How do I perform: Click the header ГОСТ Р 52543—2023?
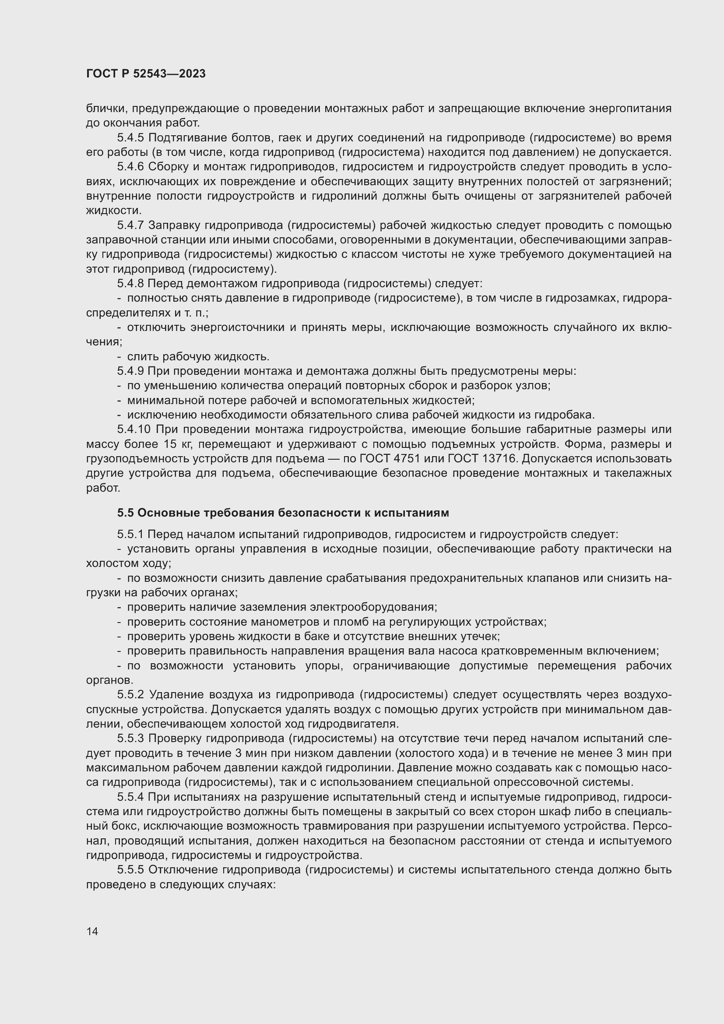pyautogui.click(x=146, y=74)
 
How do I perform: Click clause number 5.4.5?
pyautogui.click(x=130, y=138)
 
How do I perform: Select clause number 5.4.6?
pyautogui.click(x=130, y=167)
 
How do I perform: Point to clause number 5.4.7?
pyautogui.click(x=130, y=225)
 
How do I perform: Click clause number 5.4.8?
pyautogui.click(x=130, y=284)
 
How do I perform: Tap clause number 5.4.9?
pyautogui.click(x=130, y=371)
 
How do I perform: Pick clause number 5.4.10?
pyautogui.click(x=134, y=429)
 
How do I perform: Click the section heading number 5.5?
pyautogui.click(x=125, y=513)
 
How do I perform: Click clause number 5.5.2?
pyautogui.click(x=130, y=694)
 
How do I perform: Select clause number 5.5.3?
pyautogui.click(x=130, y=738)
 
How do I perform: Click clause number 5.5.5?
pyautogui.click(x=130, y=870)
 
